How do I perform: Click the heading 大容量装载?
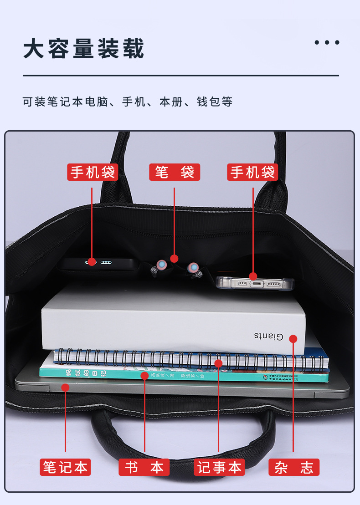coord(84,49)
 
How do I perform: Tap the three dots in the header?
coord(327,42)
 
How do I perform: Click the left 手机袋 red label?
coord(93,172)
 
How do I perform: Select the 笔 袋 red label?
coord(175,172)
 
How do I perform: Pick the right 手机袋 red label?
coord(253,172)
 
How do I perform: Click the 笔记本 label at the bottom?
coord(65,467)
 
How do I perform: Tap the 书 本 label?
coord(144,467)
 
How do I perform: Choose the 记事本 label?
coord(219,467)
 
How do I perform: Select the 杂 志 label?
coord(294,467)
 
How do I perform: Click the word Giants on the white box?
coord(269,337)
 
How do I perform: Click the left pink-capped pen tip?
coord(160,264)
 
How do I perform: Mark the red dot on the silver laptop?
coord(65,388)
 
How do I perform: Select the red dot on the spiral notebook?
coord(219,363)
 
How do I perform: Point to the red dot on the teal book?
coord(144,376)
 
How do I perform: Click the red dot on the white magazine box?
coord(293,339)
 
